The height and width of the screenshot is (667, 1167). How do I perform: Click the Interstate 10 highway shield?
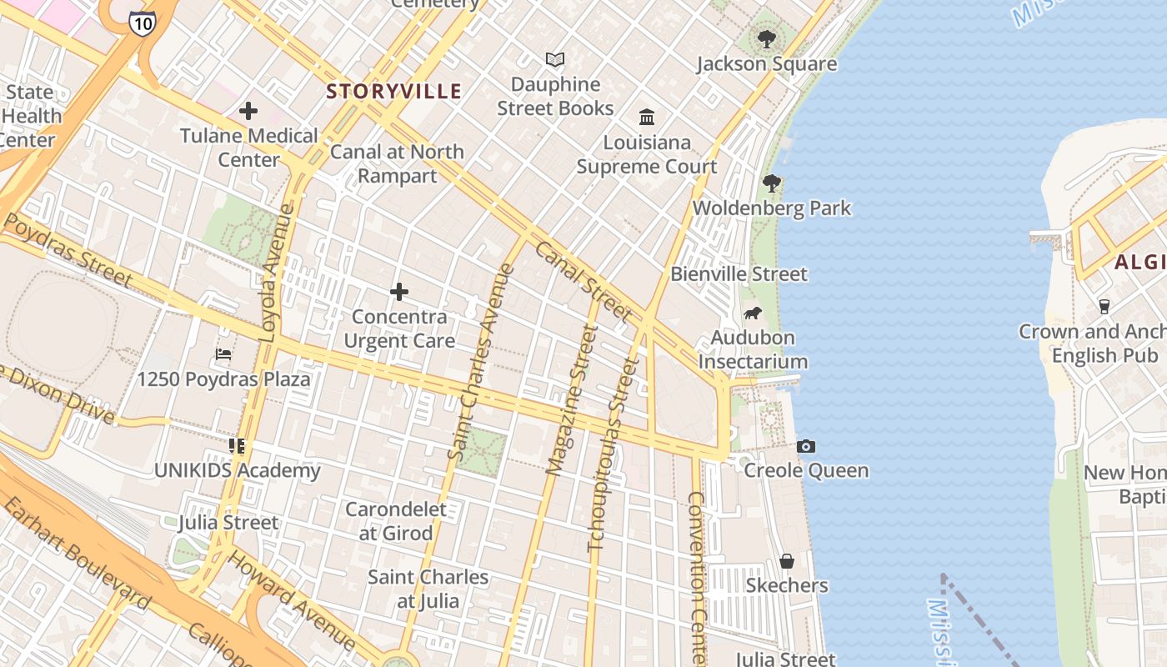click(x=142, y=23)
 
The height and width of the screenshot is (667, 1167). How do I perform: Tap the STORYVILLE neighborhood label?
click(x=393, y=92)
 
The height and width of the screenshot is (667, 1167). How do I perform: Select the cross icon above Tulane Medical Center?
click(x=248, y=111)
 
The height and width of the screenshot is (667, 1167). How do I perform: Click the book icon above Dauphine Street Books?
click(x=555, y=60)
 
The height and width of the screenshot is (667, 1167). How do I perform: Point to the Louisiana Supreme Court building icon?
click(x=647, y=118)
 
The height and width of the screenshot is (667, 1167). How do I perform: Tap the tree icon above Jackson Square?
click(x=766, y=38)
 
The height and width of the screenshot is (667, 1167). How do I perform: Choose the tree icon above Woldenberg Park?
click(x=772, y=183)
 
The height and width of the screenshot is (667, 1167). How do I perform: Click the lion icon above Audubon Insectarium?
click(x=753, y=313)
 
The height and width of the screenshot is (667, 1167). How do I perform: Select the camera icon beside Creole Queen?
click(x=805, y=447)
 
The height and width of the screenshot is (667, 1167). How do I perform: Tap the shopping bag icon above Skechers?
click(x=786, y=561)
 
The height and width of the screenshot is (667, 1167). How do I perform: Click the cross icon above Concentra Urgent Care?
click(x=399, y=292)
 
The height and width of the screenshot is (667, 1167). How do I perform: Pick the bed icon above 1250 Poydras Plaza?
click(x=223, y=354)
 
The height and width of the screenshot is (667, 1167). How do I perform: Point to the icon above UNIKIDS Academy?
click(x=237, y=446)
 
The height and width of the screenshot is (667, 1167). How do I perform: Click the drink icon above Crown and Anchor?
click(x=1104, y=307)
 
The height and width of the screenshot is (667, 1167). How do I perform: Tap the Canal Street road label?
click(x=583, y=281)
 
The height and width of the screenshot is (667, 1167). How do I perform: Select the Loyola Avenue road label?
click(x=278, y=273)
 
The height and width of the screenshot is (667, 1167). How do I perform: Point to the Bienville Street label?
click(x=739, y=274)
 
